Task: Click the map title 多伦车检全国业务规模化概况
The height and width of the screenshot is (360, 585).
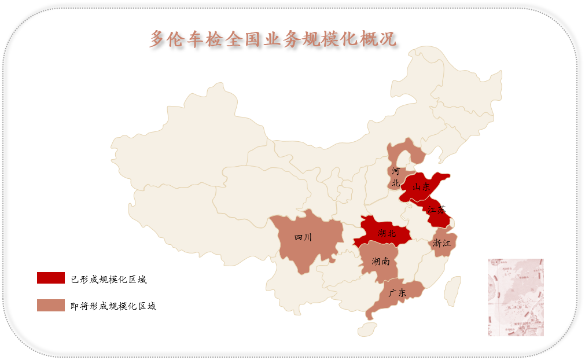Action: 273,39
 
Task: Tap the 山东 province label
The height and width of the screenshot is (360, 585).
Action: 421,187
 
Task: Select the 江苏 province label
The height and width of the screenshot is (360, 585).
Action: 437,210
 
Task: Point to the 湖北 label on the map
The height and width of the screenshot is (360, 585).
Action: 387,233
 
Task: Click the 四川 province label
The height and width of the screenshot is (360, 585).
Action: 303,237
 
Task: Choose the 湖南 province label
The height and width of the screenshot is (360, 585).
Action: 381,262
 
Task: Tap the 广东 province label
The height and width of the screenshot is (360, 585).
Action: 398,293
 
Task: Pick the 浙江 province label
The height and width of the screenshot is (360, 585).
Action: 441,243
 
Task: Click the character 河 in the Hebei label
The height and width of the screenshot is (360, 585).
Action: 396,171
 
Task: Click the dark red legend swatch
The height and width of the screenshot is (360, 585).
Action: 51,278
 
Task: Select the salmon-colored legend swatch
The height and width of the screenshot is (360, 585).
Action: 51,305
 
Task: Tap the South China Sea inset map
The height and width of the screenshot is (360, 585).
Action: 516,297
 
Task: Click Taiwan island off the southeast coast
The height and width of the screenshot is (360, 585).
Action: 453,289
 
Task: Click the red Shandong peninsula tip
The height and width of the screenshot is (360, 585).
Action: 444,176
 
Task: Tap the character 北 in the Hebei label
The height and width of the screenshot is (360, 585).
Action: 396,183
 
